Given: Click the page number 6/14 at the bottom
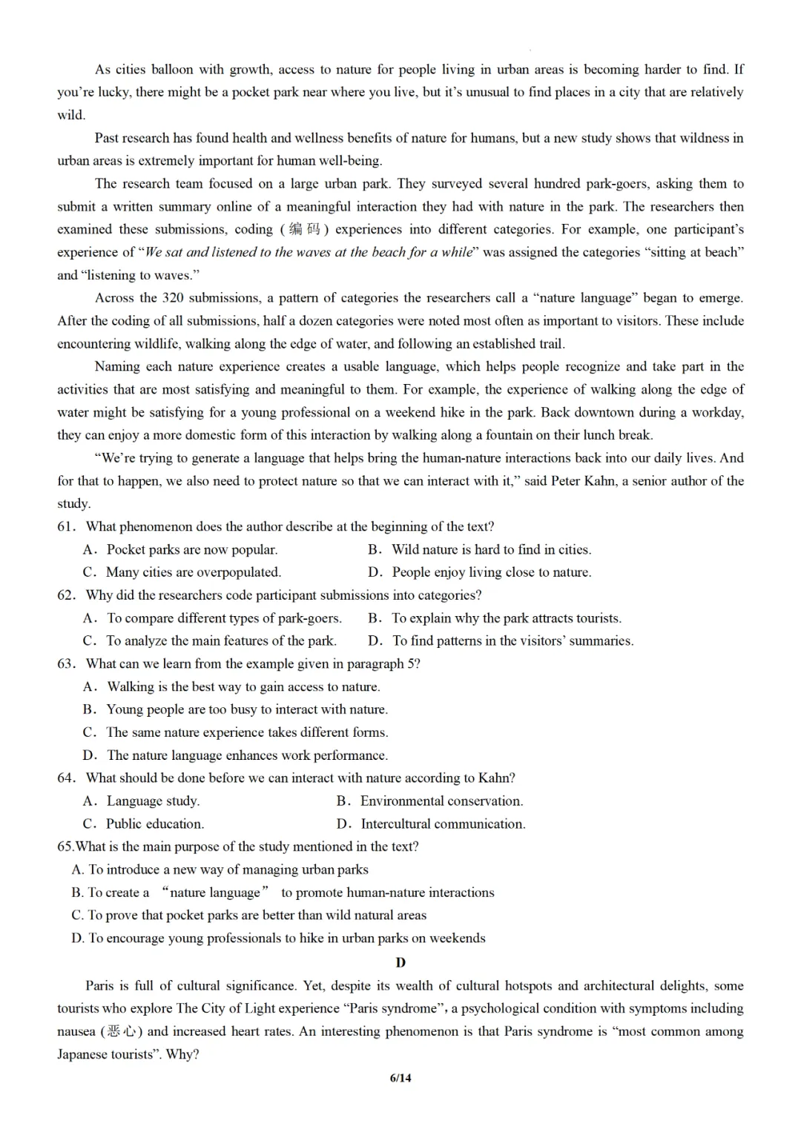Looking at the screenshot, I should coord(400,1078).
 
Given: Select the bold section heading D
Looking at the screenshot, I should coord(400,962).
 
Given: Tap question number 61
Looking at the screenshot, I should coord(67,527).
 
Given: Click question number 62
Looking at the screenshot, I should coord(67,595).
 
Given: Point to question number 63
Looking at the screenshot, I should coord(67,663).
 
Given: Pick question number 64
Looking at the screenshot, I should coord(67,778).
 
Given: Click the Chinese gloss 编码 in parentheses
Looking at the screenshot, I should coord(304,230).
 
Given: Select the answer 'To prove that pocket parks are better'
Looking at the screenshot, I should coord(257,915).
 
